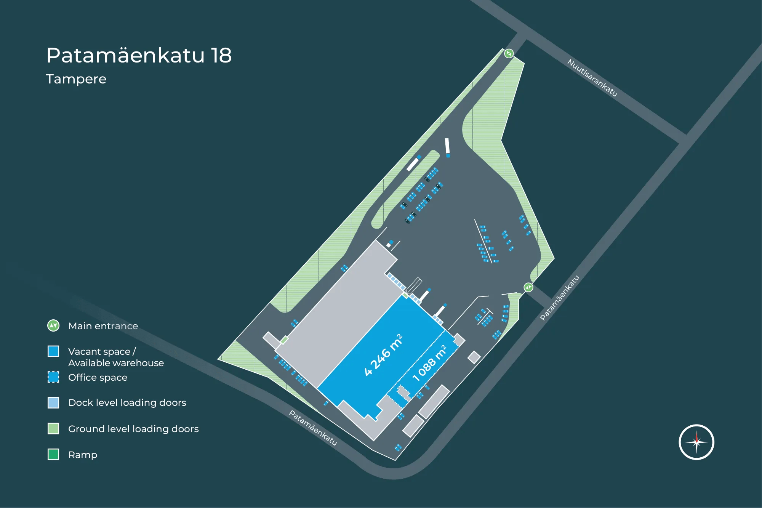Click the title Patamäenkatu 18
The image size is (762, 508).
(x=139, y=56)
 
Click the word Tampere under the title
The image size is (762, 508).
(x=76, y=79)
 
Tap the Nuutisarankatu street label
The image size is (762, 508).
(x=592, y=78)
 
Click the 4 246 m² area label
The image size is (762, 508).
(x=383, y=355)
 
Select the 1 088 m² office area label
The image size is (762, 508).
(x=429, y=363)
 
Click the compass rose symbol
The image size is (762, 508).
(x=696, y=442)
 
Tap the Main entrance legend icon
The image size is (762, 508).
(x=53, y=325)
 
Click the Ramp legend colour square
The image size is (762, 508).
(x=53, y=454)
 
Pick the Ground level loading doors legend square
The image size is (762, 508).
(x=53, y=428)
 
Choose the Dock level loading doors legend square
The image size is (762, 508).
(x=53, y=402)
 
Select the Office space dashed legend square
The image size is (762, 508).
(x=53, y=377)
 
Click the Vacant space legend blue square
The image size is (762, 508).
(x=53, y=351)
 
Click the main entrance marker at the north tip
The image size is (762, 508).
(x=509, y=53)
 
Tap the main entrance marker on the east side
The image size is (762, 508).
(x=528, y=287)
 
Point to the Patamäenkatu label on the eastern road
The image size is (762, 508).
(x=560, y=298)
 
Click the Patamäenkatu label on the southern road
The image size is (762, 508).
(x=313, y=428)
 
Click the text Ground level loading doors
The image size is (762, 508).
(x=133, y=429)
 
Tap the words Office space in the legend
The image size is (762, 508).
(x=98, y=377)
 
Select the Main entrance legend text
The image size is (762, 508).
(x=103, y=326)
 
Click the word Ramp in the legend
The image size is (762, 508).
(x=83, y=455)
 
